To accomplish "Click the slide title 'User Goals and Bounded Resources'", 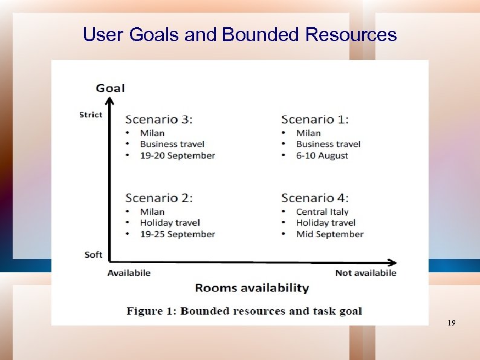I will tap(239, 35).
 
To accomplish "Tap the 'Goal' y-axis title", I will tap(110, 88).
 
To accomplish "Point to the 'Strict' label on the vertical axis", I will tap(91, 114).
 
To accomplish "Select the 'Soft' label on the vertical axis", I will tap(94, 255).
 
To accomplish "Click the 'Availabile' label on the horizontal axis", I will tap(129, 273).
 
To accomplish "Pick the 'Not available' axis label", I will tap(366, 273).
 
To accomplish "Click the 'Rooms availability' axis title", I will tap(251, 288).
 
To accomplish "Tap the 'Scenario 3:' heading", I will tap(159, 120).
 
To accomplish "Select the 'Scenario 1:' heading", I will tap(315, 120).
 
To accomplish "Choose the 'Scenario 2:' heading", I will tap(159, 198).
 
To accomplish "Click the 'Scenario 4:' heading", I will tap(315, 198).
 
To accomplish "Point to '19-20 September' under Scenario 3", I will tap(177, 155).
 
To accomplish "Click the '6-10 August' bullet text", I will tap(322, 155).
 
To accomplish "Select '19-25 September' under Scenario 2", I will tap(177, 234).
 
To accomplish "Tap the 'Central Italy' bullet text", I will tap(322, 212).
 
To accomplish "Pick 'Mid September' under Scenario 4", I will tap(329, 234).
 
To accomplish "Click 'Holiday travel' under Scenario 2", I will tap(170, 223).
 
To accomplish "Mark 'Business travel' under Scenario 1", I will tap(328, 144).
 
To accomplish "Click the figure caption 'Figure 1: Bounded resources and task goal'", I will tap(244, 311).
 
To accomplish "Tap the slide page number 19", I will tap(451, 324).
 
